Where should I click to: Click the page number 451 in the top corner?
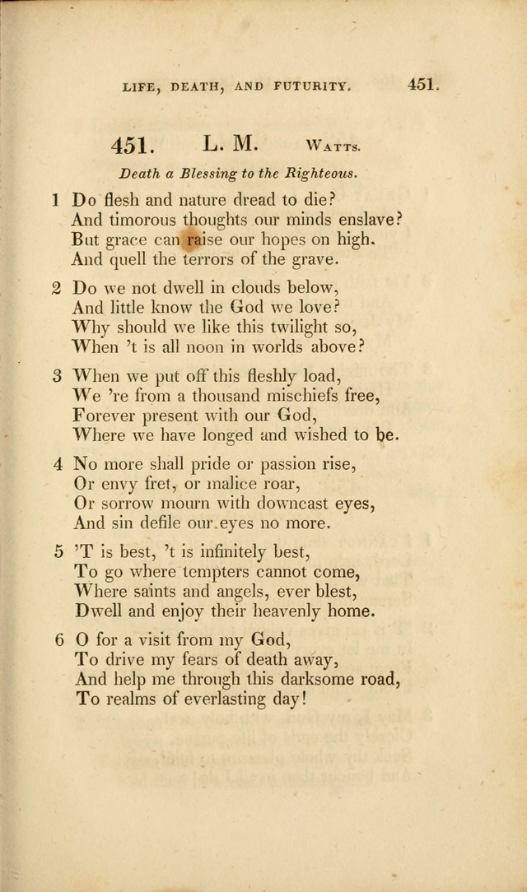tap(422, 84)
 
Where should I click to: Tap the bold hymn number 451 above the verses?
tap(133, 146)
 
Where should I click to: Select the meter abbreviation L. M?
tap(231, 144)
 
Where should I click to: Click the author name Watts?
tap(332, 147)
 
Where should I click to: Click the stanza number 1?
tap(55, 200)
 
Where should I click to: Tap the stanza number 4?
tap(58, 463)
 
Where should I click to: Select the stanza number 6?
tap(58, 639)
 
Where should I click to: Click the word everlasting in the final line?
tap(235, 700)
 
